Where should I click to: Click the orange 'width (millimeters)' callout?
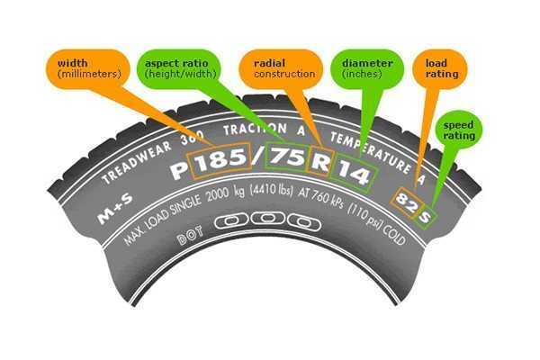(86, 68)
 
